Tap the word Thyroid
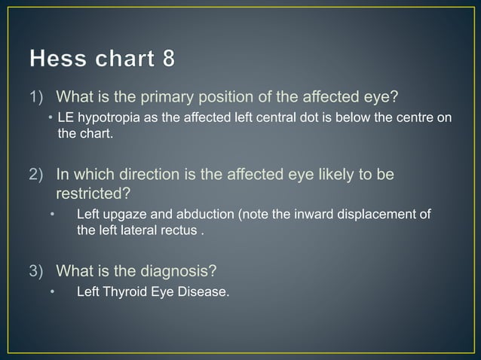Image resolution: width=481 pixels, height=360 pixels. (128, 292)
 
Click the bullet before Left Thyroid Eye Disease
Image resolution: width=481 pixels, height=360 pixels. (53, 292)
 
